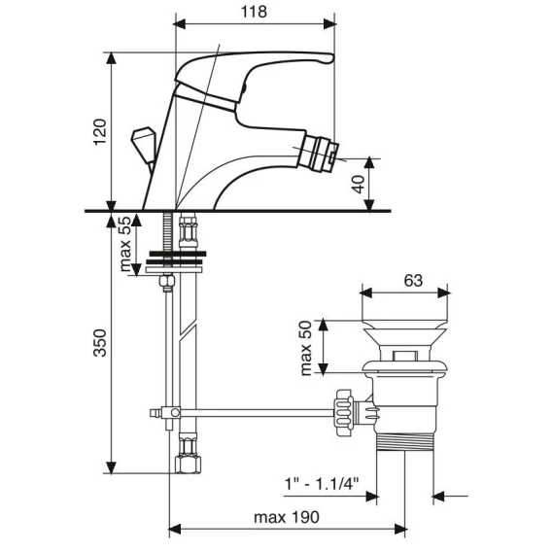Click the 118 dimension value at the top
pyautogui.click(x=254, y=12)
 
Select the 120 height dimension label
pyautogui.click(x=100, y=131)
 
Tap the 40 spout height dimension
pyautogui.click(x=359, y=184)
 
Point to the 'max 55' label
pyautogui.click(x=125, y=244)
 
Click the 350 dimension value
pyautogui.click(x=100, y=343)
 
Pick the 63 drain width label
pyautogui.click(x=413, y=281)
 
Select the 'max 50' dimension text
pyautogui.click(x=305, y=348)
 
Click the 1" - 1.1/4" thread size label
pyautogui.click(x=322, y=484)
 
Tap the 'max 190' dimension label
pyautogui.click(x=287, y=517)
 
